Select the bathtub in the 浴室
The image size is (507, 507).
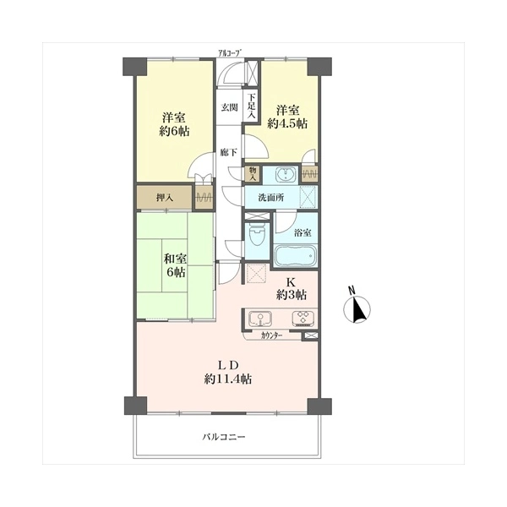(295, 255)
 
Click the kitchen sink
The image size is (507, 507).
(260, 319)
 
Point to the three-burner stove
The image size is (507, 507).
(303, 319)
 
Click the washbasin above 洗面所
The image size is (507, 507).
(286, 175)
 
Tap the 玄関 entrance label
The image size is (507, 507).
(230, 107)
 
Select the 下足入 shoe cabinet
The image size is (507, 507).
(252, 106)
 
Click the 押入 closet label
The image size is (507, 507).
(165, 198)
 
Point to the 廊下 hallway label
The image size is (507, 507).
(229, 152)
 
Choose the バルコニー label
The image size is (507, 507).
(224, 437)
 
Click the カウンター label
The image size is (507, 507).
(271, 335)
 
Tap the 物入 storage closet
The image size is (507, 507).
(253, 174)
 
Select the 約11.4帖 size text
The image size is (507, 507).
(228, 379)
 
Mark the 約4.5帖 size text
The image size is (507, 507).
(287, 123)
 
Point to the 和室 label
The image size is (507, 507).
(175, 259)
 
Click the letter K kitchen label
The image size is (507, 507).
(291, 282)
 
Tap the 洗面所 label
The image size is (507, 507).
(271, 198)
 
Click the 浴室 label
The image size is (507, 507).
(303, 233)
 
